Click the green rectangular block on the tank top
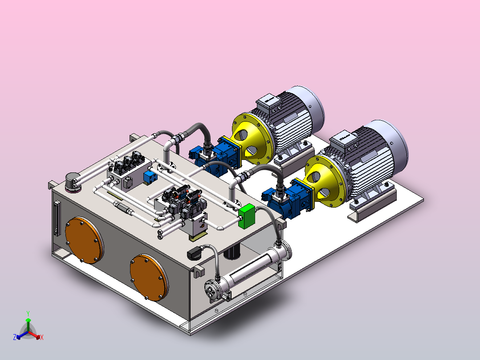(x=247, y=216)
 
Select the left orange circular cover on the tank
(x=84, y=240)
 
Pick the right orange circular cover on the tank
(x=149, y=277)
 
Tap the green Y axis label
(x=28, y=313)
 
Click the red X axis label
(x=42, y=337)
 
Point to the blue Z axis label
(x=14, y=337)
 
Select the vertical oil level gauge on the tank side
(x=57, y=218)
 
